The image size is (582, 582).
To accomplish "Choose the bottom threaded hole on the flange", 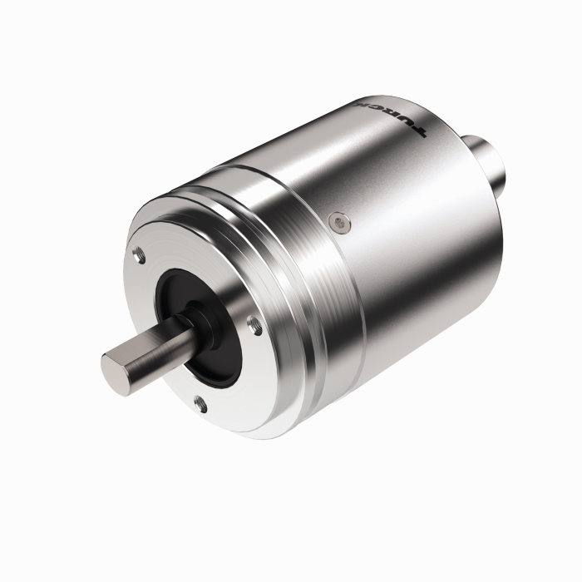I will coord(200,405).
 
